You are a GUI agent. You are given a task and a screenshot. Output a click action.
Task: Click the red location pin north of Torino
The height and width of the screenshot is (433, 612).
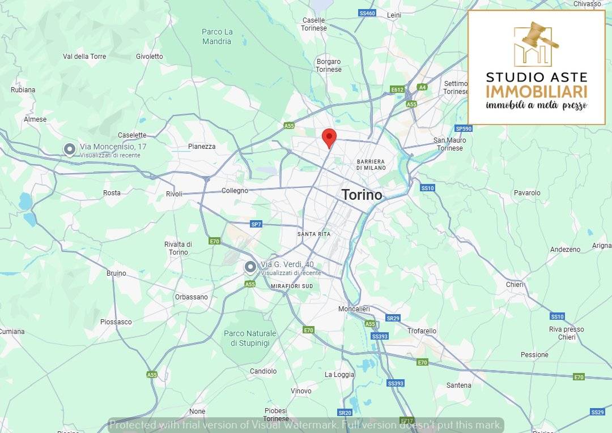pyautogui.click(x=329, y=138)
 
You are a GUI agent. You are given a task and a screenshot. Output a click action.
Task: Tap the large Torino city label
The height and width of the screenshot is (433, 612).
pyautogui.click(x=362, y=195)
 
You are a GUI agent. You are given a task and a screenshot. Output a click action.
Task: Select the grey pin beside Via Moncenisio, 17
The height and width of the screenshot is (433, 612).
pyautogui.click(x=69, y=149)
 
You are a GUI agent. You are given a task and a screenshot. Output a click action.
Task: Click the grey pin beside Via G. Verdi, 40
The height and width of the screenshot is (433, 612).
pyautogui.click(x=250, y=267)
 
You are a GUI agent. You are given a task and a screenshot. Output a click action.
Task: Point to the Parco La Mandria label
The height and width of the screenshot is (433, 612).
pyautogui.click(x=216, y=37)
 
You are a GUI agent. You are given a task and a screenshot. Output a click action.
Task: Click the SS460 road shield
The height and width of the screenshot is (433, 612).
pyautogui.click(x=367, y=13)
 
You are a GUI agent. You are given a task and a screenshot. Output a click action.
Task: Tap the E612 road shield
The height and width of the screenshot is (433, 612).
pyautogui.click(x=397, y=89)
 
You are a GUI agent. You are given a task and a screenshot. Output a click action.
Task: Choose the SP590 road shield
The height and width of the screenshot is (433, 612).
pyautogui.click(x=464, y=128)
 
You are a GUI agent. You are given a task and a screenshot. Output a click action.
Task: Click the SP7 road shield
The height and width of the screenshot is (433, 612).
pyautogui.click(x=256, y=224)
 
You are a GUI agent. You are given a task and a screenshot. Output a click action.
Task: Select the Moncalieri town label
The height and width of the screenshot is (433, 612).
pyautogui.click(x=354, y=309)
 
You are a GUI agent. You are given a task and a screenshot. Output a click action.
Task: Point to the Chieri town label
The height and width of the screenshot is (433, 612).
pyautogui.click(x=515, y=285)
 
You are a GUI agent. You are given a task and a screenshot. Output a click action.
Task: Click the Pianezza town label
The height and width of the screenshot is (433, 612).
pyautogui.click(x=202, y=147)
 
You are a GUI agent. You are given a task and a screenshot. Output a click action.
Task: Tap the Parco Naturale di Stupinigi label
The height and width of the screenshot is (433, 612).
pyautogui.click(x=250, y=338)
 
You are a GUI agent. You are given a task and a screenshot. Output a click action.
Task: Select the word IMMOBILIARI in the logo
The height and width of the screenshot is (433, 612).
pyautogui.click(x=536, y=92)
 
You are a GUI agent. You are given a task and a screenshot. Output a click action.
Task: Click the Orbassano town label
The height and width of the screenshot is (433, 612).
pyautogui.click(x=191, y=297)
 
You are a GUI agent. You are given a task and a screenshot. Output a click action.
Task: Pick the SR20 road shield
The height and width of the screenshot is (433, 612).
pyautogui.click(x=345, y=413)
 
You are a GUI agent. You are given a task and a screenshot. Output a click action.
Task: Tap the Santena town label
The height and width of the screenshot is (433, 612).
pyautogui.click(x=458, y=385)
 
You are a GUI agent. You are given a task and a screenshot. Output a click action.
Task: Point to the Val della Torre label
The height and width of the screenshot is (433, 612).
pyautogui.click(x=84, y=57)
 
